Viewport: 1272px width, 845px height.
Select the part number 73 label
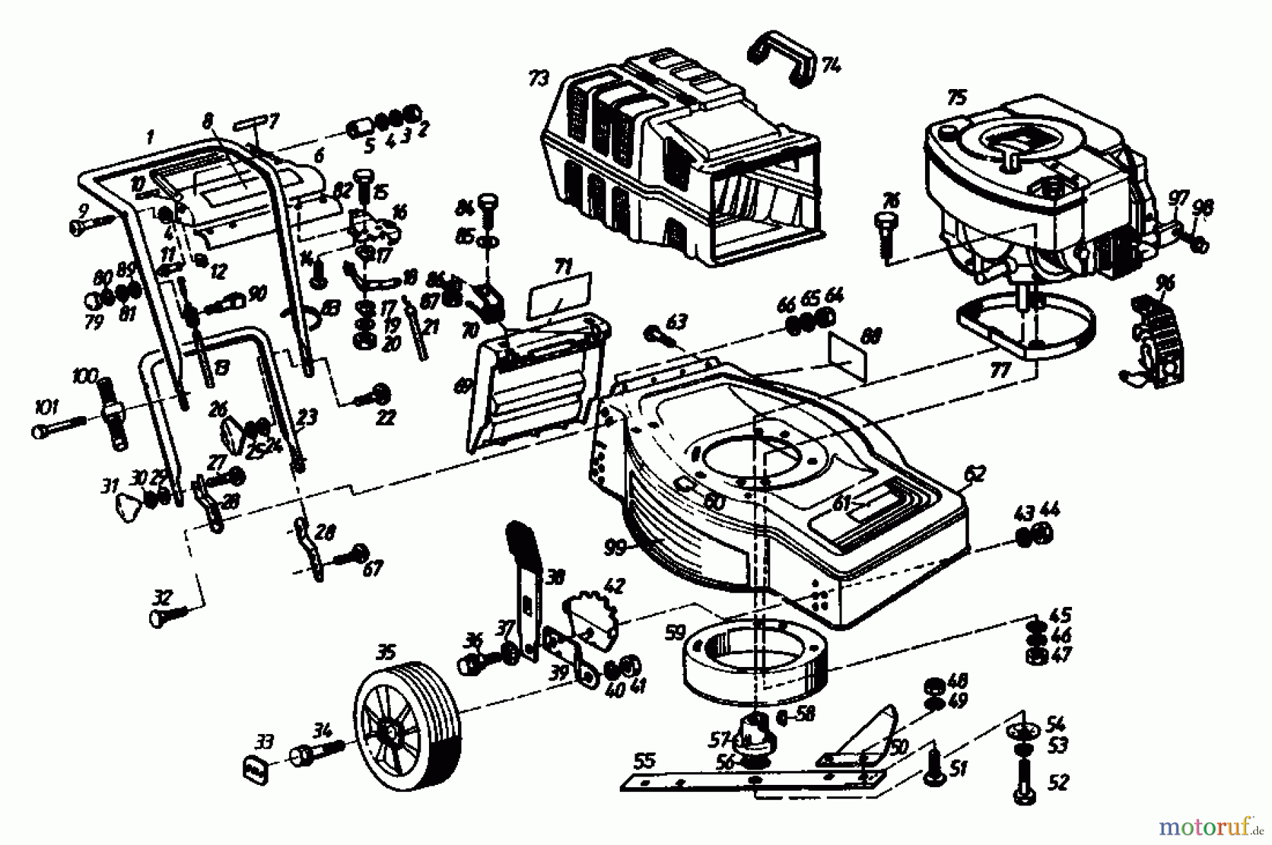(x=538, y=78)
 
